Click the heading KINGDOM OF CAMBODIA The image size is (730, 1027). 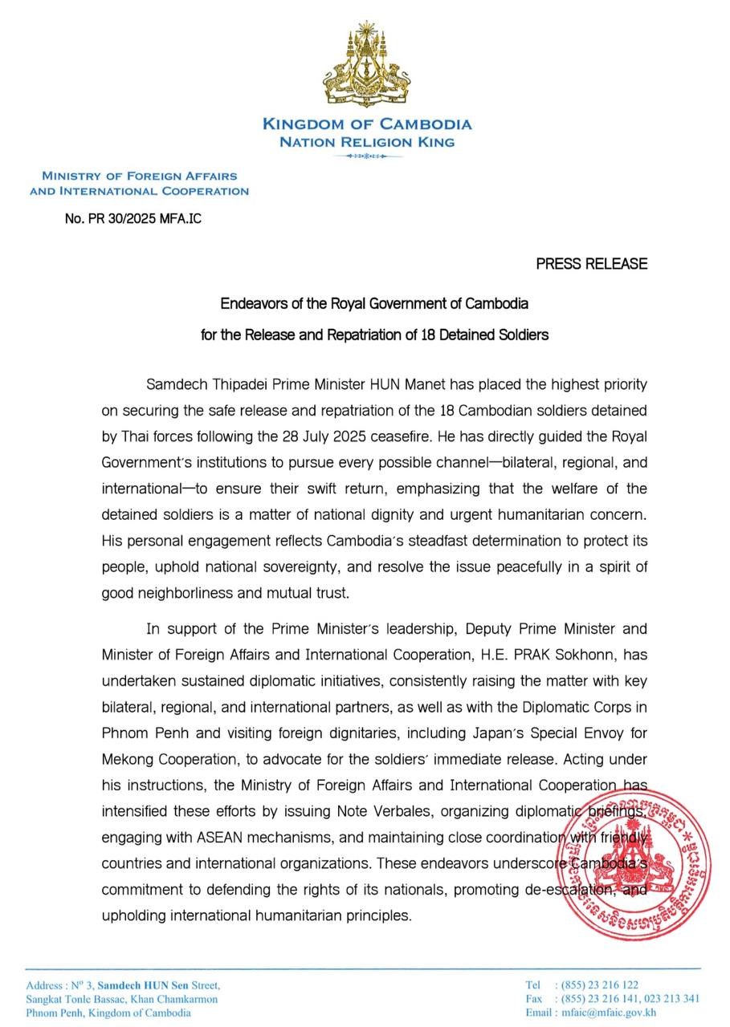367,124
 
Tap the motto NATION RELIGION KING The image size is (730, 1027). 367,142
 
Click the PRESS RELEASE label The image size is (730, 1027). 591,263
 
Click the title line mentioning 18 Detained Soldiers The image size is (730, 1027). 374,335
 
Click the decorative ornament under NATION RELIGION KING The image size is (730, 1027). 367,156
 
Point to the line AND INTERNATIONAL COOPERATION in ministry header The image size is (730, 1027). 139,191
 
